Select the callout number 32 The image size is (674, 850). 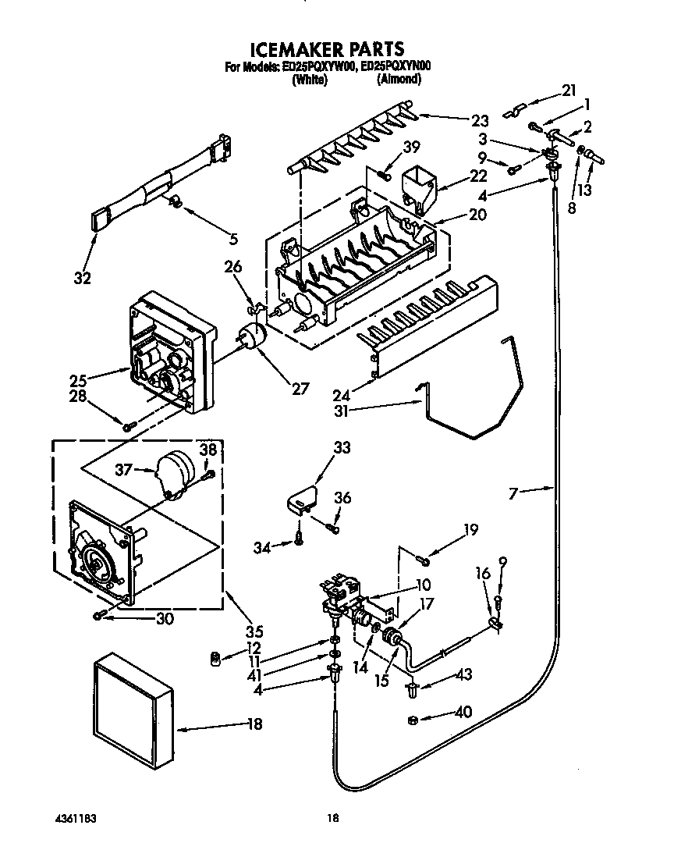(x=83, y=277)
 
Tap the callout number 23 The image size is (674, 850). (x=480, y=120)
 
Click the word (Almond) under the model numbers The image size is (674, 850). (x=399, y=79)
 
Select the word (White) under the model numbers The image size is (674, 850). (x=310, y=79)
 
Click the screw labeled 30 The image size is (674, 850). (x=99, y=616)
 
